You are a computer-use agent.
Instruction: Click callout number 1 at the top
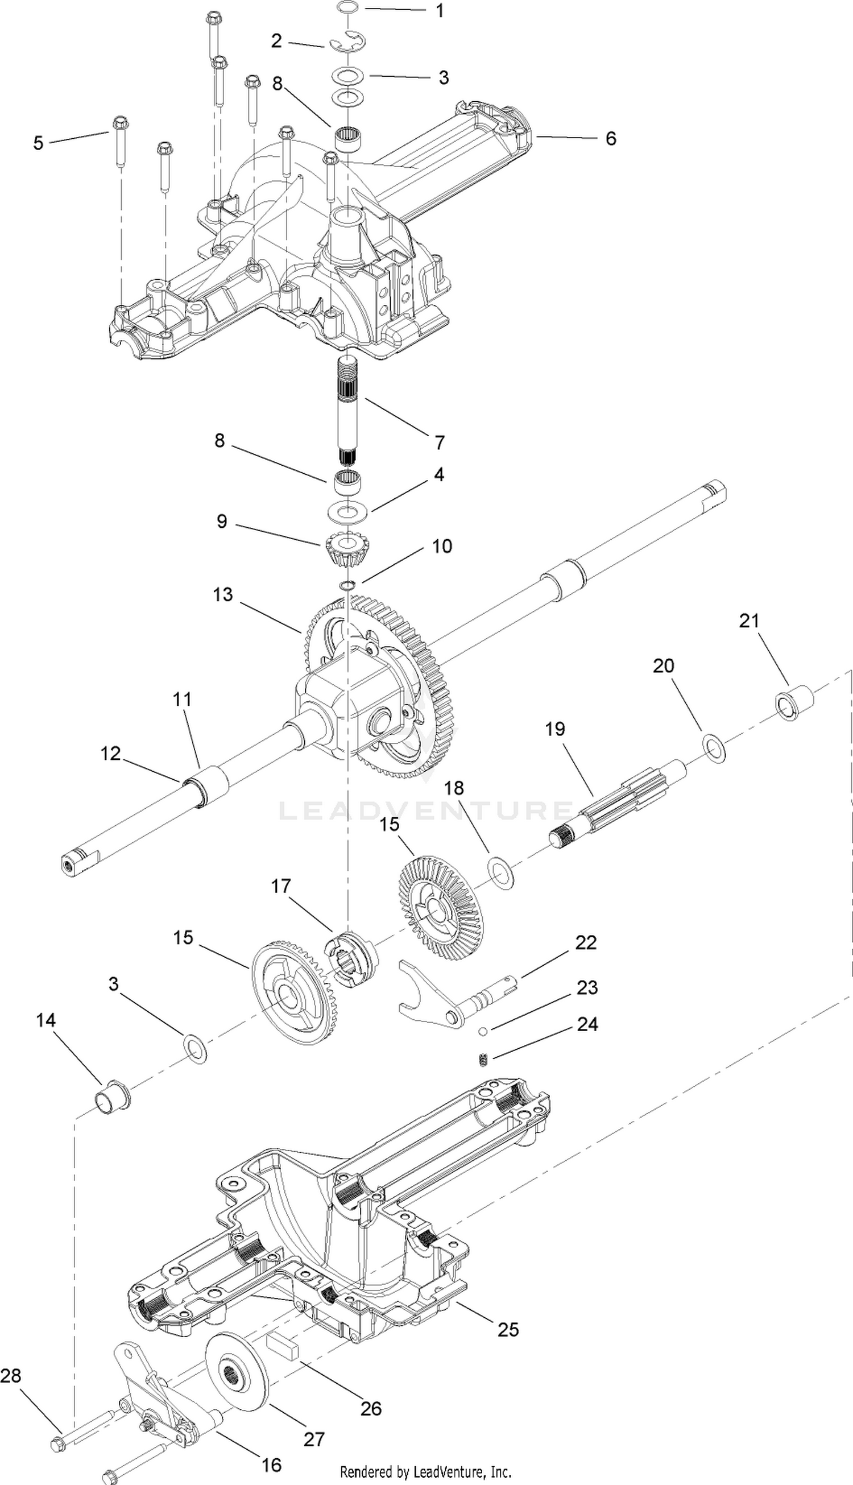tap(440, 11)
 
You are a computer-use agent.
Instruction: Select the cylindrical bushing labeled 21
tap(795, 702)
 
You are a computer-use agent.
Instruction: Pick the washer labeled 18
tap(501, 873)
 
